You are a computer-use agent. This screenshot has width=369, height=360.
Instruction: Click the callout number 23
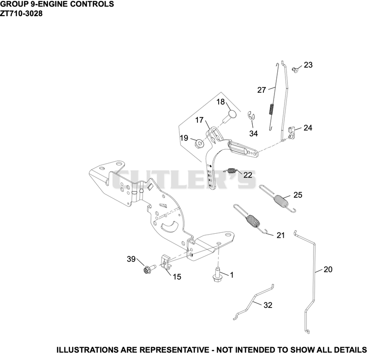(308, 65)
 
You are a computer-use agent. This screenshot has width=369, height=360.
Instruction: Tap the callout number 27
(262, 90)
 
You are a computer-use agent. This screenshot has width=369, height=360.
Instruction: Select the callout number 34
(253, 134)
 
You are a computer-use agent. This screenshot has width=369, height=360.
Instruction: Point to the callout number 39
(131, 259)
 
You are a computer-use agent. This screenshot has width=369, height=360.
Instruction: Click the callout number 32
(268, 305)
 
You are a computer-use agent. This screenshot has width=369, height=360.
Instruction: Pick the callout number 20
(328, 270)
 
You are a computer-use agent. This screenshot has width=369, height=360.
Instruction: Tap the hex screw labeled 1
(217, 276)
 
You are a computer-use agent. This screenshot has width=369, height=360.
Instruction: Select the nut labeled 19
(199, 143)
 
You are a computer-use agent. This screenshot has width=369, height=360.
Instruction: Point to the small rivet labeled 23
(295, 69)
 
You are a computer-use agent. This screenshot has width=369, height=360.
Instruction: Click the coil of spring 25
(281, 201)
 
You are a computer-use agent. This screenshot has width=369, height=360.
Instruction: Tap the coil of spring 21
(252, 222)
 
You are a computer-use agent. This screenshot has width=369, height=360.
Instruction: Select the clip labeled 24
(292, 132)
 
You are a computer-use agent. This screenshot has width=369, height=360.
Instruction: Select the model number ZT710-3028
(21, 14)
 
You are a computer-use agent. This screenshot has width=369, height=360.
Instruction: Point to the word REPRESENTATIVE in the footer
(174, 350)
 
